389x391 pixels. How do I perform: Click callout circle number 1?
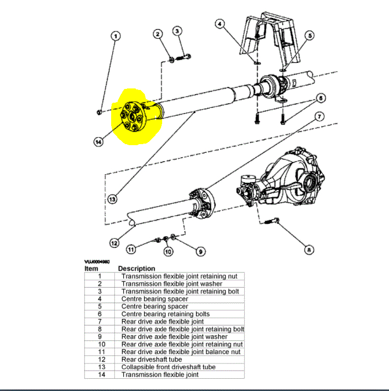click(116, 36)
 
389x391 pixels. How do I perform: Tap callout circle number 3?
click(177, 32)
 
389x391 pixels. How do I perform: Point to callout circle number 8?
click(309, 250)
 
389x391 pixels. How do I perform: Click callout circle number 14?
click(98, 143)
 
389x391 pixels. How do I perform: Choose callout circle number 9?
click(200, 251)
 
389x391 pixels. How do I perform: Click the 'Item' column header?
click(91, 268)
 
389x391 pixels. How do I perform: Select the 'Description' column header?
click(136, 268)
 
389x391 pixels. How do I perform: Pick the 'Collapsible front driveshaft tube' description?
click(168, 367)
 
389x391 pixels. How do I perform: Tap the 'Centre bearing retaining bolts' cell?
click(165, 314)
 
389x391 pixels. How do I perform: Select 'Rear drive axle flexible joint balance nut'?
click(181, 352)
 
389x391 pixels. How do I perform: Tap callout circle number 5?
click(309, 36)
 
